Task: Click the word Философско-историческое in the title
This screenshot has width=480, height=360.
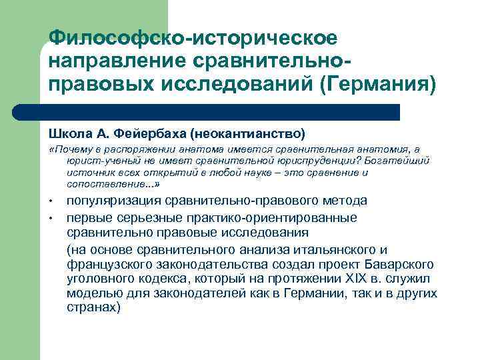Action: coord(193,37)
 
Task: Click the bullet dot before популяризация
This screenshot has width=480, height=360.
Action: coord(51,202)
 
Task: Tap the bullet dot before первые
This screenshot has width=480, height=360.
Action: coord(51,219)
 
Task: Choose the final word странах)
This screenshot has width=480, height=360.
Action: coord(94,308)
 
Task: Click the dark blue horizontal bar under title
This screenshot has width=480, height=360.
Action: coord(220,112)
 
